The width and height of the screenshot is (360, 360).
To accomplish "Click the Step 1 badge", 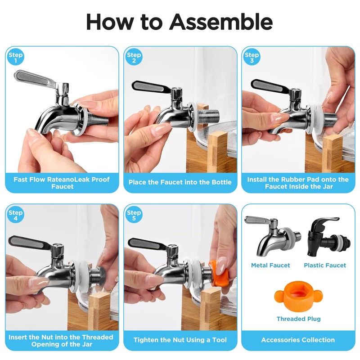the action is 16,57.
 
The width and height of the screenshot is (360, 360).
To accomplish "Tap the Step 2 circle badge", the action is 134,57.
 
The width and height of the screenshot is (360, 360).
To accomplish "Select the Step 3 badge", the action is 252,57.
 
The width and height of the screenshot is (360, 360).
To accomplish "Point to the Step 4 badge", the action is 16,215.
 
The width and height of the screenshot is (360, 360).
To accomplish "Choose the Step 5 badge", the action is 134,215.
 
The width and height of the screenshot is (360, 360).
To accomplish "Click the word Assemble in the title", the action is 221,22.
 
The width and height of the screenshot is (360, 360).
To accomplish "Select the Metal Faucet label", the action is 270,265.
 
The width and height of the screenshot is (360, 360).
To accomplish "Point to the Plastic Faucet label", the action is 325,265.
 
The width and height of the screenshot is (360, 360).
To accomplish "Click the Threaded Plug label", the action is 298,319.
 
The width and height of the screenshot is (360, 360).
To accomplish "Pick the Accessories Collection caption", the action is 298,340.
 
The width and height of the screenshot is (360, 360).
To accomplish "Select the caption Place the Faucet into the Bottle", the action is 180,182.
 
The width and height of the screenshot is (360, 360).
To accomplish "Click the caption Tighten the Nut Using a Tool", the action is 180,340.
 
